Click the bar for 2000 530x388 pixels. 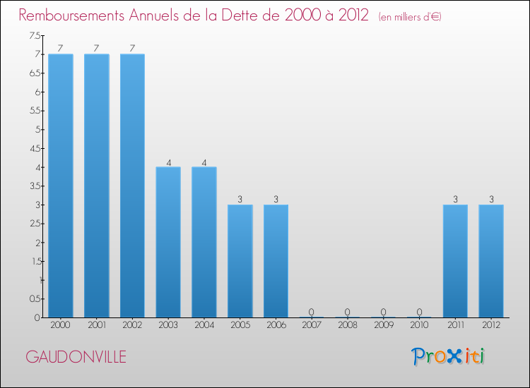pyautogui.click(x=61, y=186)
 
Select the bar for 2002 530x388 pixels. pyautogui.click(x=132, y=186)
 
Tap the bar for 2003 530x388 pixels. pyautogui.click(x=168, y=242)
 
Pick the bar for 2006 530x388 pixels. pyautogui.click(x=276, y=261)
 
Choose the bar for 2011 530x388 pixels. pyautogui.click(x=455, y=261)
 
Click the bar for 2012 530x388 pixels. pyautogui.click(x=491, y=261)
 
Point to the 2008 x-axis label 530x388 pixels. pyautogui.click(x=348, y=325)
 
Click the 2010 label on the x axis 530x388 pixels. pyautogui.click(x=419, y=325)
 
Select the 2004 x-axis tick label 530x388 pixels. pyautogui.click(x=204, y=325)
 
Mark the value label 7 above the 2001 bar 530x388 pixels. pyautogui.click(x=97, y=48)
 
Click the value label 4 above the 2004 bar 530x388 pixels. pyautogui.click(x=204, y=162)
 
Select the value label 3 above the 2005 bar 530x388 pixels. pyautogui.click(x=240, y=199)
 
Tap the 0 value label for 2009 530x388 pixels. pyautogui.click(x=384, y=312)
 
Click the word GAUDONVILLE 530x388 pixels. pyautogui.click(x=76, y=357)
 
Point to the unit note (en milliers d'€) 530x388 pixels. pyautogui.click(x=410, y=17)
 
